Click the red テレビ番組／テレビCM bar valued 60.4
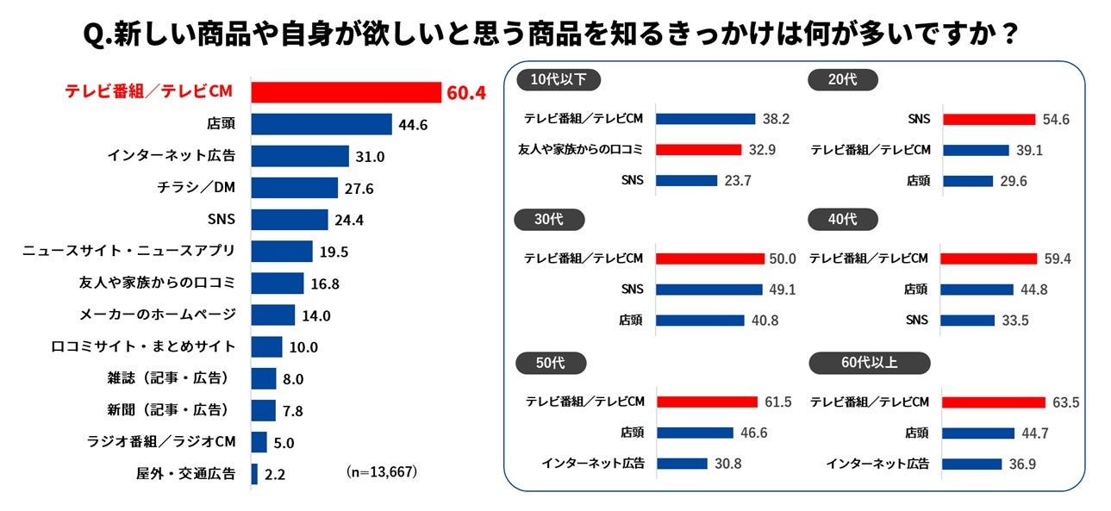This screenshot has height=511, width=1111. [x=346, y=92]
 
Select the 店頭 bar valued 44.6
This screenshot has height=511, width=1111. [x=321, y=124]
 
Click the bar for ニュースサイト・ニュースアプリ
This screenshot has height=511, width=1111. [x=282, y=252]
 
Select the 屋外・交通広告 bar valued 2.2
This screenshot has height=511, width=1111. [x=254, y=474]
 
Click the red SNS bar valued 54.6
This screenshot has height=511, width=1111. [x=989, y=119]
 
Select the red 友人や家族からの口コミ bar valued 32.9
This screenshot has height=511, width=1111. [x=698, y=150]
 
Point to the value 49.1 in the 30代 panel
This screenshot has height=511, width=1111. [x=782, y=290]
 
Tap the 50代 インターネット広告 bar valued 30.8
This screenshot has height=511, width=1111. [x=681, y=464]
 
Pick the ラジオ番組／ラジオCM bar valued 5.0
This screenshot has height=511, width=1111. [x=259, y=442]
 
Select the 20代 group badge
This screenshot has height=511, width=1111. [x=843, y=80]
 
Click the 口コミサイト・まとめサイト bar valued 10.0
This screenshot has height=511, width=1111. [x=266, y=347]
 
